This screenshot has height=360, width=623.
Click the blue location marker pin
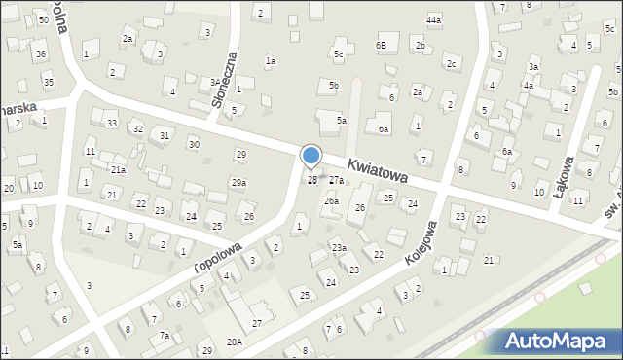coord(311,157)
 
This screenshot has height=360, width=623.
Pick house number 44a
coord(433,19)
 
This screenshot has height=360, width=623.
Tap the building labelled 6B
coord(382,46)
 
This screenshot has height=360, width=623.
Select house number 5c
coord(338,54)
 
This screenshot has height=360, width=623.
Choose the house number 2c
coord(451,64)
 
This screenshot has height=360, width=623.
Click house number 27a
coord(336,180)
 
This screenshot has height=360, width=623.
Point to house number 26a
coord(332,201)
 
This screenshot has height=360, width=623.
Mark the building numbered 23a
coord(339,248)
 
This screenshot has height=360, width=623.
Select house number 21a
coord(118,169)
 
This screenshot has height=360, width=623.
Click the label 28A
coord(235,342)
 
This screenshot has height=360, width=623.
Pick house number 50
coord(44,20)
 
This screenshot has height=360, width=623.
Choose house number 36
coord(40,54)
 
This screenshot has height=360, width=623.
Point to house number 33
coord(112,123)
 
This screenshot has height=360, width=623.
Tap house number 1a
coord(271,61)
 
